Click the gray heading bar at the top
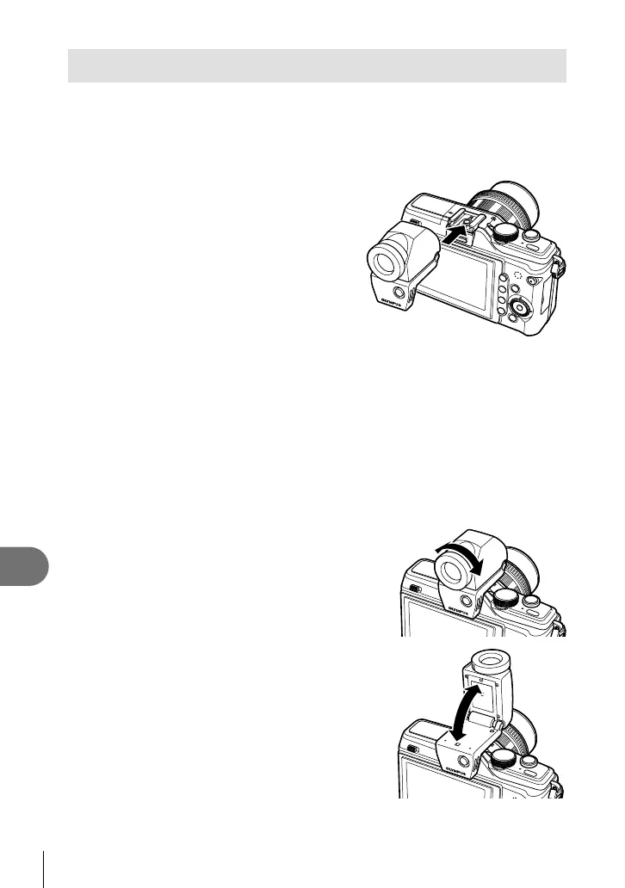pos(317,65)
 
